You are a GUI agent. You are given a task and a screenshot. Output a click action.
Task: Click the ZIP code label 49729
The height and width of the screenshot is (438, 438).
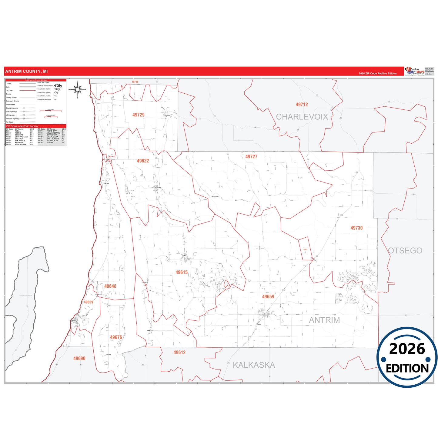point(138,115)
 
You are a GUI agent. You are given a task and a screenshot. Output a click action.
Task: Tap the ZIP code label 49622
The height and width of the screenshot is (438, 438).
point(143,161)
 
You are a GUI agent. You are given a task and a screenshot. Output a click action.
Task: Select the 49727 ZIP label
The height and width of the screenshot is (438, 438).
point(251,157)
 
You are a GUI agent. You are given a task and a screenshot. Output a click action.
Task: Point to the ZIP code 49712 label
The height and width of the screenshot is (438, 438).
point(302,105)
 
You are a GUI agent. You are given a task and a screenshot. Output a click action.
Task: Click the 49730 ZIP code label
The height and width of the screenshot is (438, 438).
point(356,228)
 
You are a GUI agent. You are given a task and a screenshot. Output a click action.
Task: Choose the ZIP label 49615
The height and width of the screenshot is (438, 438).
point(182,272)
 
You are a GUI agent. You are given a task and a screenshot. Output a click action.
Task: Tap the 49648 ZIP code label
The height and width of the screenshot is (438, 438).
point(110,286)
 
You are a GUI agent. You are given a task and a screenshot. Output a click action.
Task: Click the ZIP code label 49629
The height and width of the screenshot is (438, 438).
point(89,302)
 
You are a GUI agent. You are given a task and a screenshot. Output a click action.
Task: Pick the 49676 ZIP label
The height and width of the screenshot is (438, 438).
point(116,337)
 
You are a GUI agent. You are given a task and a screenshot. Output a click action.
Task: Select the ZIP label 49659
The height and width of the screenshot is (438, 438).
point(268,297)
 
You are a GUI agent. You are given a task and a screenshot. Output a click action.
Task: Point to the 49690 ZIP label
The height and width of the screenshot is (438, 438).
point(79,359)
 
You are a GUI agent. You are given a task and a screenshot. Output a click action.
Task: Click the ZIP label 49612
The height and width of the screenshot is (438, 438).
point(179,353)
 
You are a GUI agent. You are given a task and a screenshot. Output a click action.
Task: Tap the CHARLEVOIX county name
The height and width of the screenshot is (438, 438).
point(302,117)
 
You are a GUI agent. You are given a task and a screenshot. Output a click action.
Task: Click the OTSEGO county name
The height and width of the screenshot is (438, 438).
point(405,251)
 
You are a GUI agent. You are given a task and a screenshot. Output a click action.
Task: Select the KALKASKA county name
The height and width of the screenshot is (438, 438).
point(254,365)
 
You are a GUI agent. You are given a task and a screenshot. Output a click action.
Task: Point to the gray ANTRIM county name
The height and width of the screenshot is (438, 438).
point(324,320)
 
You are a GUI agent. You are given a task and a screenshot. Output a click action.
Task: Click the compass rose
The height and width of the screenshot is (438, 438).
point(78,89)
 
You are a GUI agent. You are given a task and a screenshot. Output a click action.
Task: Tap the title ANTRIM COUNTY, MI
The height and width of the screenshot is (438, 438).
point(26,72)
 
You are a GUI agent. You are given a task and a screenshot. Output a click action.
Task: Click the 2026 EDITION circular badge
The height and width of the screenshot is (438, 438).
point(407,357)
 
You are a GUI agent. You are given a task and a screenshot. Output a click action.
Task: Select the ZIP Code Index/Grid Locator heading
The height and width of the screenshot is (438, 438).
point(22,126)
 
